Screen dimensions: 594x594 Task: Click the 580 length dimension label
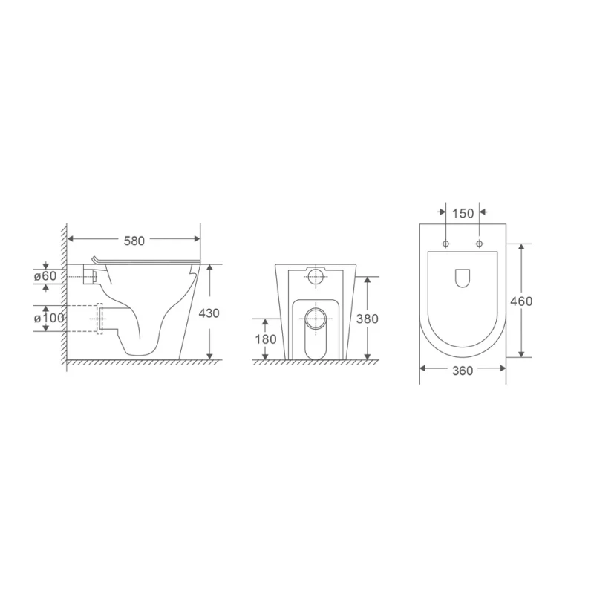[x=134, y=240]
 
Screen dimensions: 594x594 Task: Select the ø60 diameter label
[x=45, y=276]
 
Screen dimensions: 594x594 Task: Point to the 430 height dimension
[x=209, y=313]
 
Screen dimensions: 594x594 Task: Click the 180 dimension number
[x=267, y=339]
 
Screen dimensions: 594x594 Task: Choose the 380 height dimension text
[x=368, y=319]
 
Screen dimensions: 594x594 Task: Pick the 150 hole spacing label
[x=463, y=214]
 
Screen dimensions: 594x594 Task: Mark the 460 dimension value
[x=521, y=301]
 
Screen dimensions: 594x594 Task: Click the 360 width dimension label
[x=463, y=371]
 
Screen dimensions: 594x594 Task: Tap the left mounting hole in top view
[x=446, y=244]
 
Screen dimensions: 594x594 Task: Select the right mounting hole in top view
[x=480, y=244]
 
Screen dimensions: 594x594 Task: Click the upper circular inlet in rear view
[x=316, y=278]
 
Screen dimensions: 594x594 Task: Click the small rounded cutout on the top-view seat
[x=463, y=277]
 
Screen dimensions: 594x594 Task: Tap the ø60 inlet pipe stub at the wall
[x=90, y=276]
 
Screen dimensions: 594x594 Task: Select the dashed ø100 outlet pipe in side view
[x=98, y=318]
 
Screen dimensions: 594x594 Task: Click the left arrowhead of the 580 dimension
[x=70, y=239]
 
